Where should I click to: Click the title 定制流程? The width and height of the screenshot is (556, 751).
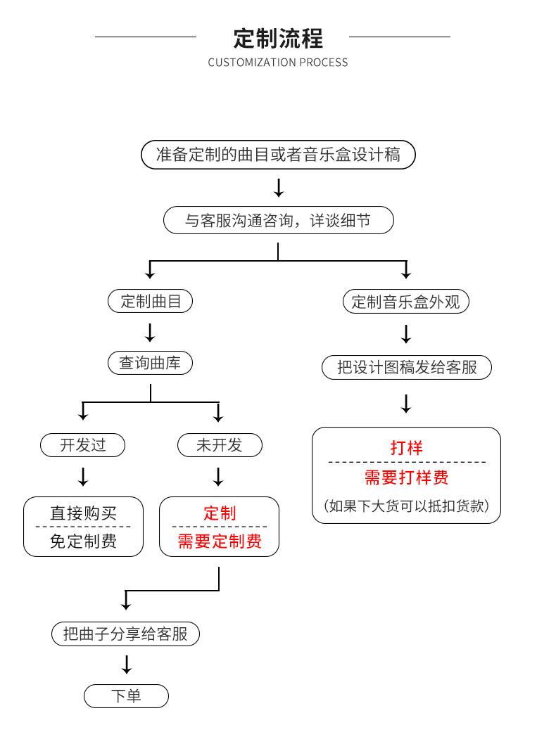point(277,37)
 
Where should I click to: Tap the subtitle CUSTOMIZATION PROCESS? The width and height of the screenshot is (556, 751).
point(277,63)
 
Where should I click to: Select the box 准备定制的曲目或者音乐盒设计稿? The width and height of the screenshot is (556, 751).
point(278,155)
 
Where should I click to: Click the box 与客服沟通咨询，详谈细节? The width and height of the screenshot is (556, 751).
point(278,221)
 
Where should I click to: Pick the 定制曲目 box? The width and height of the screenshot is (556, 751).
point(150,302)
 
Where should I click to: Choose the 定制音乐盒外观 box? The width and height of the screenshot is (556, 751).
point(405,302)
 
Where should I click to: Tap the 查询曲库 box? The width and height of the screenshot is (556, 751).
point(150,364)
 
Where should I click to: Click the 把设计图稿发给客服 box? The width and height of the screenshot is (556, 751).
point(406,367)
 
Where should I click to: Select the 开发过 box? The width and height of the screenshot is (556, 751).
point(83,445)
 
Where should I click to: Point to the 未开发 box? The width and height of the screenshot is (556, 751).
point(219,445)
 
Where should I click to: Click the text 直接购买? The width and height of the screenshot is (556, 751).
point(83,513)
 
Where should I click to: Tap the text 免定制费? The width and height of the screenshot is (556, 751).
point(83,541)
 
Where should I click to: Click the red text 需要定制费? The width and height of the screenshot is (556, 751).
point(219,541)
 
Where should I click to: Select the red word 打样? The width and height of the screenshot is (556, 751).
point(406,447)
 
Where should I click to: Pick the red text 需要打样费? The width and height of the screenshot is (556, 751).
point(406,477)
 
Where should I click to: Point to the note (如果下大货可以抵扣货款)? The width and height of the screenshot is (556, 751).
point(406,506)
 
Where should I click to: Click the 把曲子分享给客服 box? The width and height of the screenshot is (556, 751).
point(126,634)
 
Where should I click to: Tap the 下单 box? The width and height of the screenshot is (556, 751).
point(126,696)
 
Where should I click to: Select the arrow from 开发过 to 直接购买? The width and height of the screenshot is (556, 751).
point(83,476)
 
